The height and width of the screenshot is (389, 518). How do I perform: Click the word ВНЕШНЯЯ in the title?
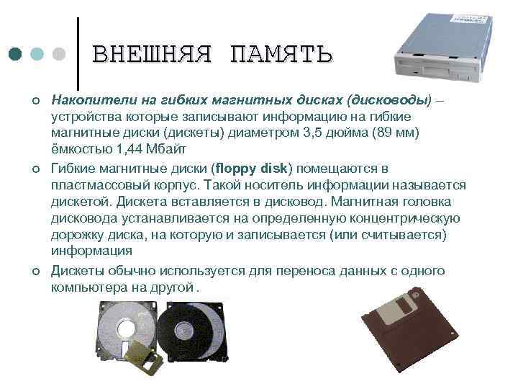point(152,54)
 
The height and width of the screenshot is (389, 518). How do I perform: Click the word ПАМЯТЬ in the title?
point(281,54)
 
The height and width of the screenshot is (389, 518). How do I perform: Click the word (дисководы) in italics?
point(389,99)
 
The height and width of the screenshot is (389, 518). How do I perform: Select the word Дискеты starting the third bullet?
point(77,271)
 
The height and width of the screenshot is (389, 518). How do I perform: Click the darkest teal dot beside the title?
point(16,54)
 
